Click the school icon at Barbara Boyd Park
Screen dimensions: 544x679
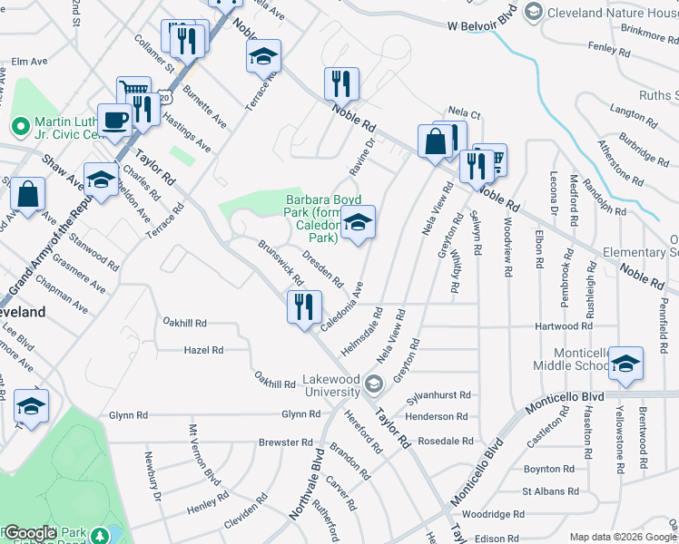[359, 223]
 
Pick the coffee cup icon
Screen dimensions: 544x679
[115, 120]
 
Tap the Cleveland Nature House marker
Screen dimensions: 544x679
[533, 11]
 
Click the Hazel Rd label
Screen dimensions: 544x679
[203, 349]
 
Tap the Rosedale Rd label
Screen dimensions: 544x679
[444, 441]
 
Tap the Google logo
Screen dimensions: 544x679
[29, 533]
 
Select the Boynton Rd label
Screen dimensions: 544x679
[549, 469]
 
